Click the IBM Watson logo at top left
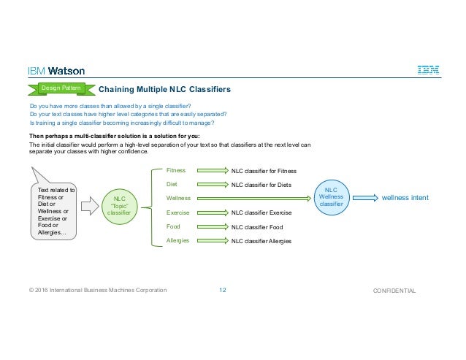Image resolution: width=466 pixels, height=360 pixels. (x=56, y=71)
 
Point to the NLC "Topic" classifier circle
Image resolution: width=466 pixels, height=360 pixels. (x=119, y=204)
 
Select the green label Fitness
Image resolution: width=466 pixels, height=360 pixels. (x=176, y=170)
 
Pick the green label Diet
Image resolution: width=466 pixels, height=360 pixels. (x=172, y=184)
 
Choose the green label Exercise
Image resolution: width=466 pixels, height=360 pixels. (x=178, y=212)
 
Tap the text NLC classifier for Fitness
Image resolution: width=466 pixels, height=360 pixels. (x=264, y=171)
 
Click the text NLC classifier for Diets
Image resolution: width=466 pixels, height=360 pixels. (x=261, y=185)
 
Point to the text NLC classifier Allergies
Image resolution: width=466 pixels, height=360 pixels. (x=261, y=241)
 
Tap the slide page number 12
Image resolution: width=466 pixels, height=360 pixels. (x=223, y=291)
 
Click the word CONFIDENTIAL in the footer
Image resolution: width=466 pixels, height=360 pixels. (x=394, y=291)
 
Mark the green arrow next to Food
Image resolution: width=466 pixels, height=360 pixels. (x=213, y=226)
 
